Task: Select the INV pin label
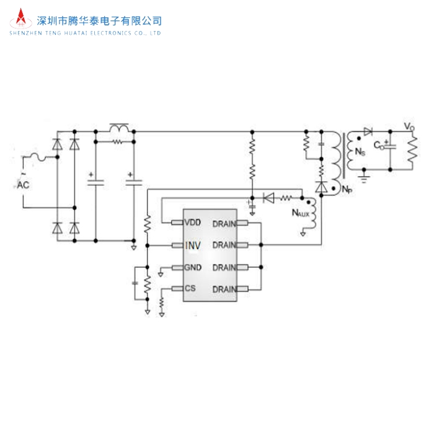193,246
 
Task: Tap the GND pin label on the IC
193,268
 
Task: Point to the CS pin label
191,290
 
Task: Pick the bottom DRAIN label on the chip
224,290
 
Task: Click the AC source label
23,184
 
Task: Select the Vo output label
409,126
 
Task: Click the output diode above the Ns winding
368,131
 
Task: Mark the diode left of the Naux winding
269,198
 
